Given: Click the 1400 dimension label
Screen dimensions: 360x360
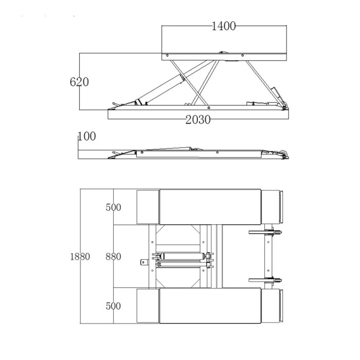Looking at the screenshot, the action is tap(223, 26).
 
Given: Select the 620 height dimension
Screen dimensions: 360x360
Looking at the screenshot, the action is tap(79, 82).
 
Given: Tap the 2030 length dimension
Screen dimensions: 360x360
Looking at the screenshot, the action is tap(198, 120).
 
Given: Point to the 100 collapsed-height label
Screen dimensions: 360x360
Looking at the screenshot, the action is tap(87, 136).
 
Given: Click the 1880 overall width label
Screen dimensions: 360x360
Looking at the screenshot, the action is tap(80, 257).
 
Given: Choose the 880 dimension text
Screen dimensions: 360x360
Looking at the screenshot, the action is tap(114, 257).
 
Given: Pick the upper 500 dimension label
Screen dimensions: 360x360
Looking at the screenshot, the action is tap(114, 207).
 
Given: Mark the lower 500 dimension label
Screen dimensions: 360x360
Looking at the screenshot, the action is tap(114, 306).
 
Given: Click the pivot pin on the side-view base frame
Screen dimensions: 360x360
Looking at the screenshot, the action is tap(208, 107).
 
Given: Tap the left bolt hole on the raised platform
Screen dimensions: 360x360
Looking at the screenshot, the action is tap(167, 56).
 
